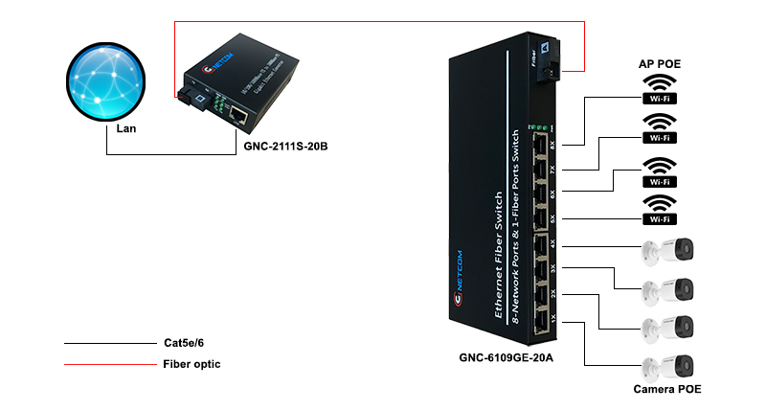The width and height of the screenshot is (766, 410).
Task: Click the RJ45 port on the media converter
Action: click(239, 118)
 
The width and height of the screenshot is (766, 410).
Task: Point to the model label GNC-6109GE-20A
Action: click(507, 357)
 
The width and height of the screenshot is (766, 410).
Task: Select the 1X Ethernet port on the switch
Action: click(542, 317)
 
